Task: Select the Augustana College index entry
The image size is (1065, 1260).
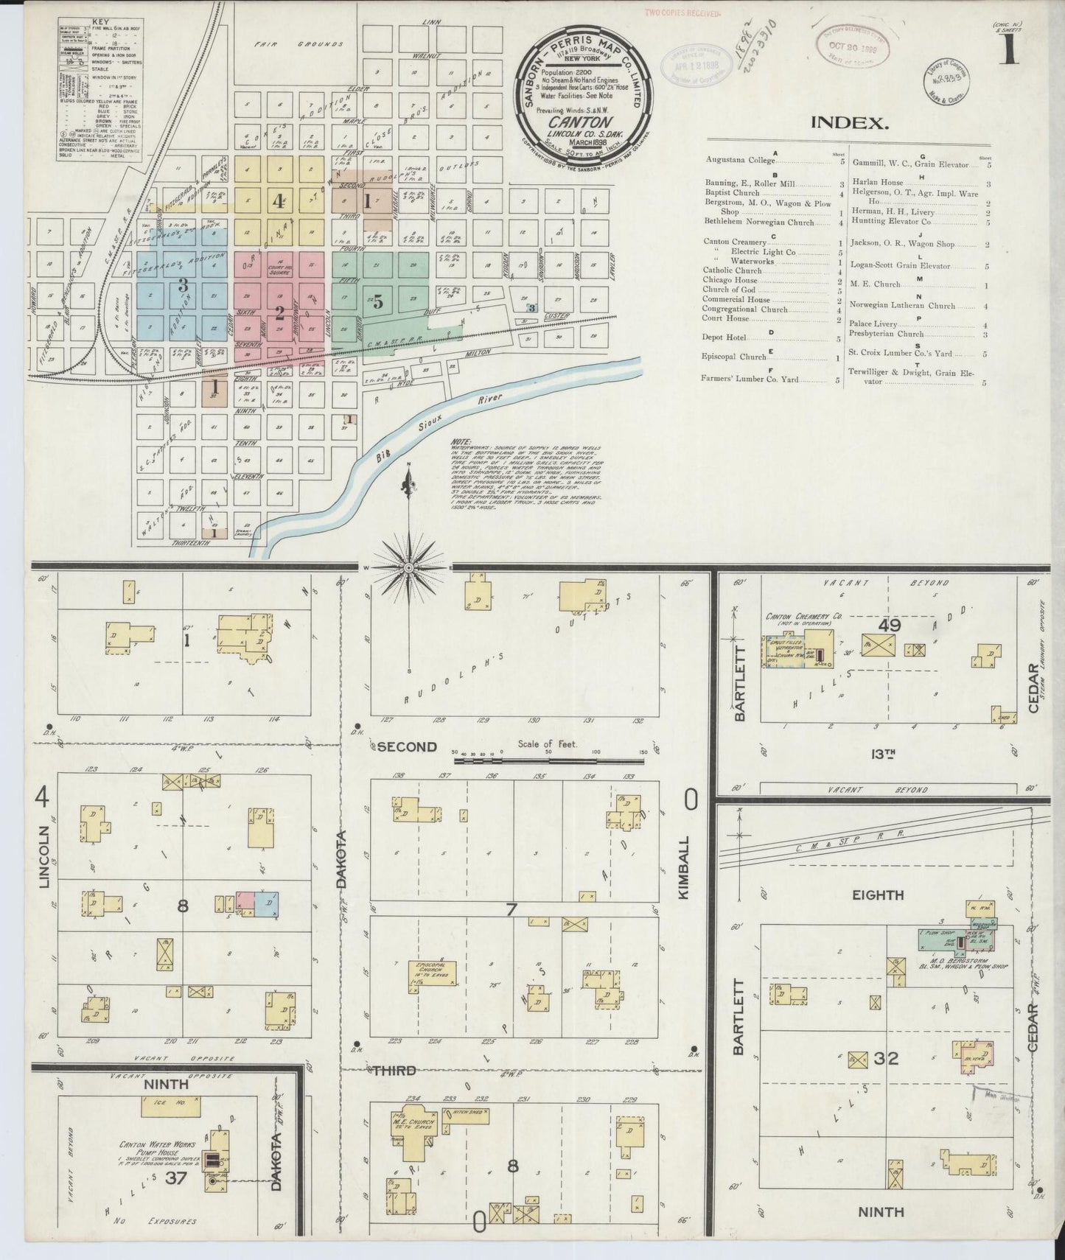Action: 739,160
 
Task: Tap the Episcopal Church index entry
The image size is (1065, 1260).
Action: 734,357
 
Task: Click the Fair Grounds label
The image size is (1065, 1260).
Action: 298,44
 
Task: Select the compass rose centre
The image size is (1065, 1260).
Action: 408,567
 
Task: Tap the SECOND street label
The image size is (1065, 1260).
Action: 406,746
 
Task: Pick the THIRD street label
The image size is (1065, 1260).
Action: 393,1070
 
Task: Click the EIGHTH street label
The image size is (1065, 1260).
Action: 878,895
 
